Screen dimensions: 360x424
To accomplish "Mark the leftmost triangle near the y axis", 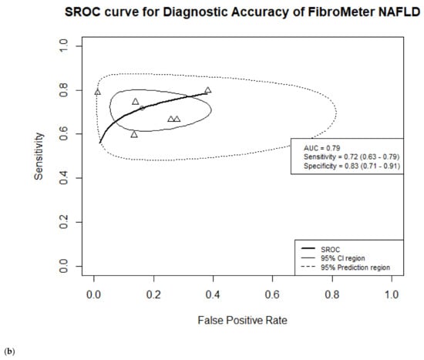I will (x=97, y=93).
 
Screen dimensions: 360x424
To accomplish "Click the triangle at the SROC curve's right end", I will (x=207, y=90).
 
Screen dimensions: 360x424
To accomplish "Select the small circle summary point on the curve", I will (x=142, y=107).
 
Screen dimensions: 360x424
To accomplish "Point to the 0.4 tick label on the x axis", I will (x=213, y=294).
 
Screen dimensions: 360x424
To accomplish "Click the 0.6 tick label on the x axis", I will (x=272, y=294).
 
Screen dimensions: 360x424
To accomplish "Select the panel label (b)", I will (x=8, y=352).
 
